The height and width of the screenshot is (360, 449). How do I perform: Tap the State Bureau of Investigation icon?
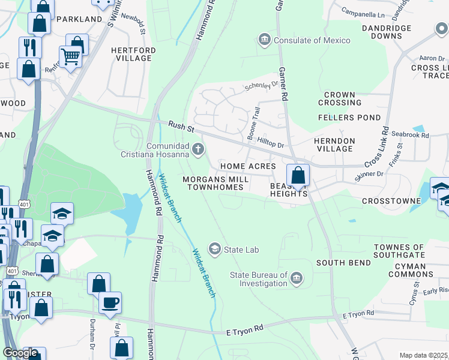coord(297,279)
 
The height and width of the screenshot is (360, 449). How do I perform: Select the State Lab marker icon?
coord(214,248)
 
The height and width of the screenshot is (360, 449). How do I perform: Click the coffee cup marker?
coord(110,302)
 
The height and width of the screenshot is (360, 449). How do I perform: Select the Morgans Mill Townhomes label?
coord(215,184)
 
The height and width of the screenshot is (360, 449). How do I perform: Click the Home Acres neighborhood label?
coord(248,166)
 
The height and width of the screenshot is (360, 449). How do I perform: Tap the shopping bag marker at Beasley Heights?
coord(298,175)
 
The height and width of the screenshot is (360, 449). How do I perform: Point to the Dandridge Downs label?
coord(387,32)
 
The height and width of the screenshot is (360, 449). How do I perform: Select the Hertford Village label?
coord(134,54)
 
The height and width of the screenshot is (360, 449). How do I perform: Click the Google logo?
coord(20,353)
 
